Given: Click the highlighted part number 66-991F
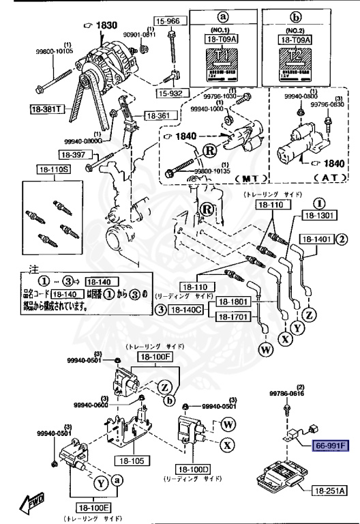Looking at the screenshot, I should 330,446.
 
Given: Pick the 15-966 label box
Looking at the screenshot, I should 167,20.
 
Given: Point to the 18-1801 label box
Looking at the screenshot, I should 233,301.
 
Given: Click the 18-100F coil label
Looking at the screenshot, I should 155,357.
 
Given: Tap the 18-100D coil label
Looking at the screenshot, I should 195,469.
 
